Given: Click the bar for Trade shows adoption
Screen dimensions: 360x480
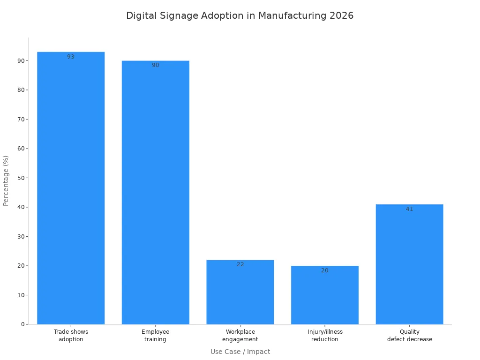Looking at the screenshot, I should coord(71,187).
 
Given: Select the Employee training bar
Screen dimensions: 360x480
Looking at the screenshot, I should coord(155,192).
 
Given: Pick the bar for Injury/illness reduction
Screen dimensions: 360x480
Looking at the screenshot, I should coord(324,295).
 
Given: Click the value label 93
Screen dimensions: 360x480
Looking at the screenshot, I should coord(71,57).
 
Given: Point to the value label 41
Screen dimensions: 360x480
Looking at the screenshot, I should coord(409,209).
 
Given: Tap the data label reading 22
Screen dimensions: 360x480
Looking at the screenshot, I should coord(240,264).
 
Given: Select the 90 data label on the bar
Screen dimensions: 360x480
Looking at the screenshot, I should coord(155,65).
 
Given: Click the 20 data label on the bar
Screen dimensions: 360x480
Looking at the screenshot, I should coord(324,270).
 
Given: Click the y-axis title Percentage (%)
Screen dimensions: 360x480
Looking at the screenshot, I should coord(6,180).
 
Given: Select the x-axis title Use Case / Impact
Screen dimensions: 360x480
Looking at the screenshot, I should coord(240,352).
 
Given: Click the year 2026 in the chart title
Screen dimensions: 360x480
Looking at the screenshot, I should coord(341,15).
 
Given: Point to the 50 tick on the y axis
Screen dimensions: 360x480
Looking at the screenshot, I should coord(21,178).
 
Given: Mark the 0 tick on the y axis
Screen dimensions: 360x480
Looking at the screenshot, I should coord(22,324).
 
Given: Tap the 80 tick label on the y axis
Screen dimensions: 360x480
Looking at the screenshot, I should coord(21,90).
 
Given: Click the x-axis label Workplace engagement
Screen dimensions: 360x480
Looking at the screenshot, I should coord(240,336).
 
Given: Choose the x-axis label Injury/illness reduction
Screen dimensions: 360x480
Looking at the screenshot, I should coord(324,336).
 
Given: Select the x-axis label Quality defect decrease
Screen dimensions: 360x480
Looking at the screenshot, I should coord(409,336).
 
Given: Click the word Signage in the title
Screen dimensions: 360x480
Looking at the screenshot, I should coord(181,15).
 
